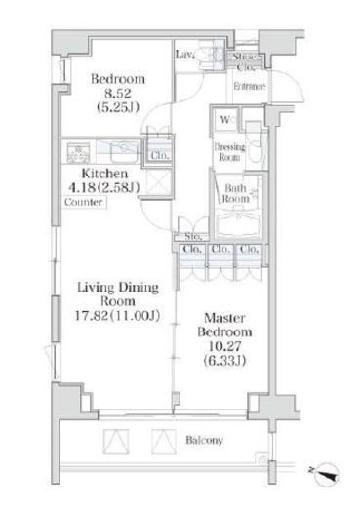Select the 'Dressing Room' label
click(x=228, y=151)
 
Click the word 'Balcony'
click(x=205, y=440)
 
